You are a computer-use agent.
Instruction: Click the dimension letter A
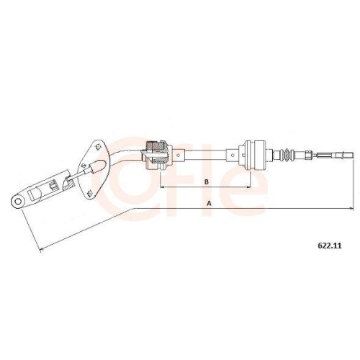(210, 204)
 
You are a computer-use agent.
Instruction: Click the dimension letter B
(207, 181)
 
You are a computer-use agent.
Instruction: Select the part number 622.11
(330, 246)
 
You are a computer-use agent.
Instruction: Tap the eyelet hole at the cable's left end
(18, 201)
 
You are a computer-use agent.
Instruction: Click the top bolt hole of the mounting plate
(98, 147)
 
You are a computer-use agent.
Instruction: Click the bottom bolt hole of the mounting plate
(89, 193)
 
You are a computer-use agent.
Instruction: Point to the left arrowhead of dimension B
(162, 186)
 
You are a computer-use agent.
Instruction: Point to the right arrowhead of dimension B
(248, 186)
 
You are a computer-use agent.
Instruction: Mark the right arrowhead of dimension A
(351, 208)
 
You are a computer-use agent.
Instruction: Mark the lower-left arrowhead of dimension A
(42, 250)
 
